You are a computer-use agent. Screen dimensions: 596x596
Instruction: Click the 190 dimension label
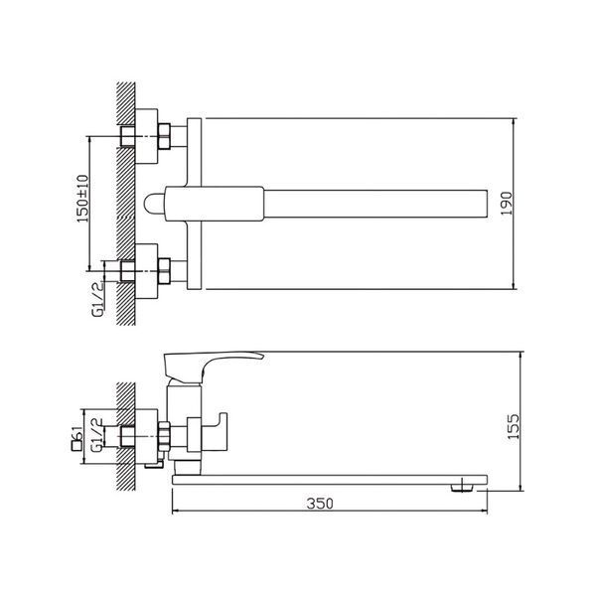(507, 204)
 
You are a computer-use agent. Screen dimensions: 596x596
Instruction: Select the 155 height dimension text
(514, 426)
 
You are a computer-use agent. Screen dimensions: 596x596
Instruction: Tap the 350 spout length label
(320, 504)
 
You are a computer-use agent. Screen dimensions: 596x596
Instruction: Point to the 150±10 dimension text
(82, 199)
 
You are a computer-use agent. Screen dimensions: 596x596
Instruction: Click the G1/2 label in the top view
(97, 299)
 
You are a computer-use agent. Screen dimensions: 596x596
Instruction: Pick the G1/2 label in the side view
(97, 435)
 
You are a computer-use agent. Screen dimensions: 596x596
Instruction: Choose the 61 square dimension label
(77, 438)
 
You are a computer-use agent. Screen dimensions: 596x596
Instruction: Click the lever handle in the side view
(212, 366)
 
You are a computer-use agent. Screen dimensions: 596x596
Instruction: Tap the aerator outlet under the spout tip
(462, 488)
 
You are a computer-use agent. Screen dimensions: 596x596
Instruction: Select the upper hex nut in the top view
(164, 136)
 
